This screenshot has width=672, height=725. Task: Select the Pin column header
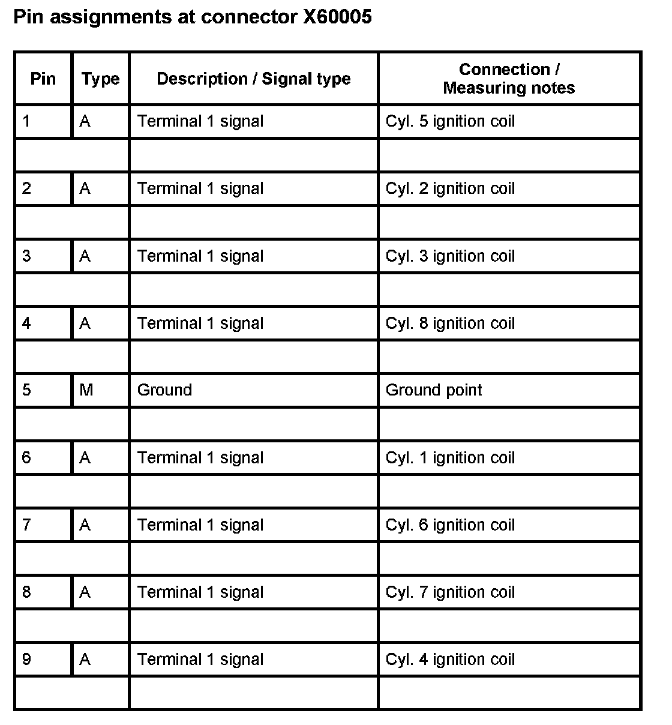43,79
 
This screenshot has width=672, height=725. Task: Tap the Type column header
100,79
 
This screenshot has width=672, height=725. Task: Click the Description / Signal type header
253,79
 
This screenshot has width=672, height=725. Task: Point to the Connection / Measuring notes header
509,79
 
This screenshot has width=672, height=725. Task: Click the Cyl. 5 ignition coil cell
450,121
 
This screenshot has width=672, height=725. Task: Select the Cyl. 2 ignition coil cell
450,188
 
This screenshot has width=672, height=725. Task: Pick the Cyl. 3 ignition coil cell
450,256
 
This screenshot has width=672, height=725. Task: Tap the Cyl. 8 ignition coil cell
450,323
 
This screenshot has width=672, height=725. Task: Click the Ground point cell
434,390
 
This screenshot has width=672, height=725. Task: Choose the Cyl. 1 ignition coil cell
450,458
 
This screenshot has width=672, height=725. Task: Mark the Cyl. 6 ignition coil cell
450,525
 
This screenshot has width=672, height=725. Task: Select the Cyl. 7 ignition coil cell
450,592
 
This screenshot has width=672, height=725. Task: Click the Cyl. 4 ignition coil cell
450,660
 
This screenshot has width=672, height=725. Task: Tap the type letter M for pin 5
86,390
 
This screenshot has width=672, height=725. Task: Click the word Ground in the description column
164,390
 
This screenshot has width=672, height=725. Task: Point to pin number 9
26,660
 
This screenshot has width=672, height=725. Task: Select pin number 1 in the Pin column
26,121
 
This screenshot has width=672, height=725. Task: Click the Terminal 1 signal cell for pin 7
200,525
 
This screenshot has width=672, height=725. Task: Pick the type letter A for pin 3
85,256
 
